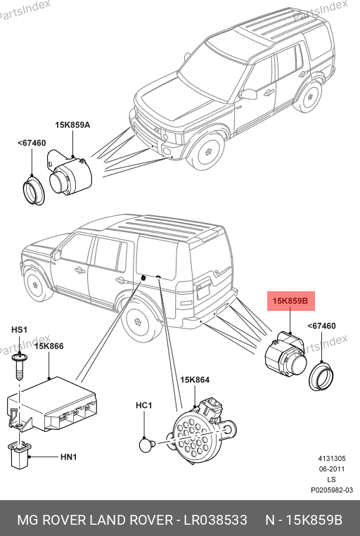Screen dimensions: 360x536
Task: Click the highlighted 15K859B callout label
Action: point(290,301)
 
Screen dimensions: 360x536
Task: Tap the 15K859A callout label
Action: point(72,125)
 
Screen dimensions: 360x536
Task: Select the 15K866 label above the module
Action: point(49,346)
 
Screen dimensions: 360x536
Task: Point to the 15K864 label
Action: point(195,380)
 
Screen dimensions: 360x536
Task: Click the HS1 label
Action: point(19,330)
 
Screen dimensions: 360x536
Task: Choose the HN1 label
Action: point(69,457)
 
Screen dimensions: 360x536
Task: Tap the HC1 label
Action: point(144,405)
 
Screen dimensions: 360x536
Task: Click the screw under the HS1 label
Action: point(20,366)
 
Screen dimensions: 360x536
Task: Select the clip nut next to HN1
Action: point(19,454)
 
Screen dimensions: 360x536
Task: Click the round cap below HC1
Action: point(147,445)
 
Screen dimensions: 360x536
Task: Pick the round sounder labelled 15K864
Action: point(200,430)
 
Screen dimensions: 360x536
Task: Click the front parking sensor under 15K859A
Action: point(70,174)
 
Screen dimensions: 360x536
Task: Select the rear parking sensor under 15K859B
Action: point(286,355)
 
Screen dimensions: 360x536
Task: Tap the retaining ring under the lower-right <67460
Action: point(321,376)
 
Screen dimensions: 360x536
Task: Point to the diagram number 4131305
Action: point(332,459)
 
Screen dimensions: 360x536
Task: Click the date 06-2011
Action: point(332,469)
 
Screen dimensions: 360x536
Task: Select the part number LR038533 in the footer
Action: point(216,520)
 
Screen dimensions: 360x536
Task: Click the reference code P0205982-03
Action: point(332,490)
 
